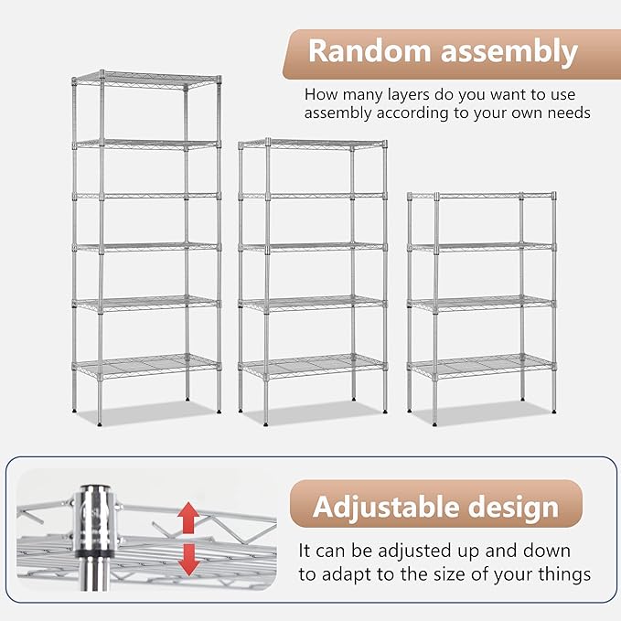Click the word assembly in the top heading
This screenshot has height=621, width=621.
509,52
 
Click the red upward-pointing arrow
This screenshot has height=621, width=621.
187,519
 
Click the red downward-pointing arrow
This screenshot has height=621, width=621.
188,558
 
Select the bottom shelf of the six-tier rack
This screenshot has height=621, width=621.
146,366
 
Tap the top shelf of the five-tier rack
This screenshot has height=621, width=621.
313,144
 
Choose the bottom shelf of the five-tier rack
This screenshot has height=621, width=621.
313,366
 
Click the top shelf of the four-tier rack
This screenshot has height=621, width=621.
482,196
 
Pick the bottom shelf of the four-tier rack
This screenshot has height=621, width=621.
482,366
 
